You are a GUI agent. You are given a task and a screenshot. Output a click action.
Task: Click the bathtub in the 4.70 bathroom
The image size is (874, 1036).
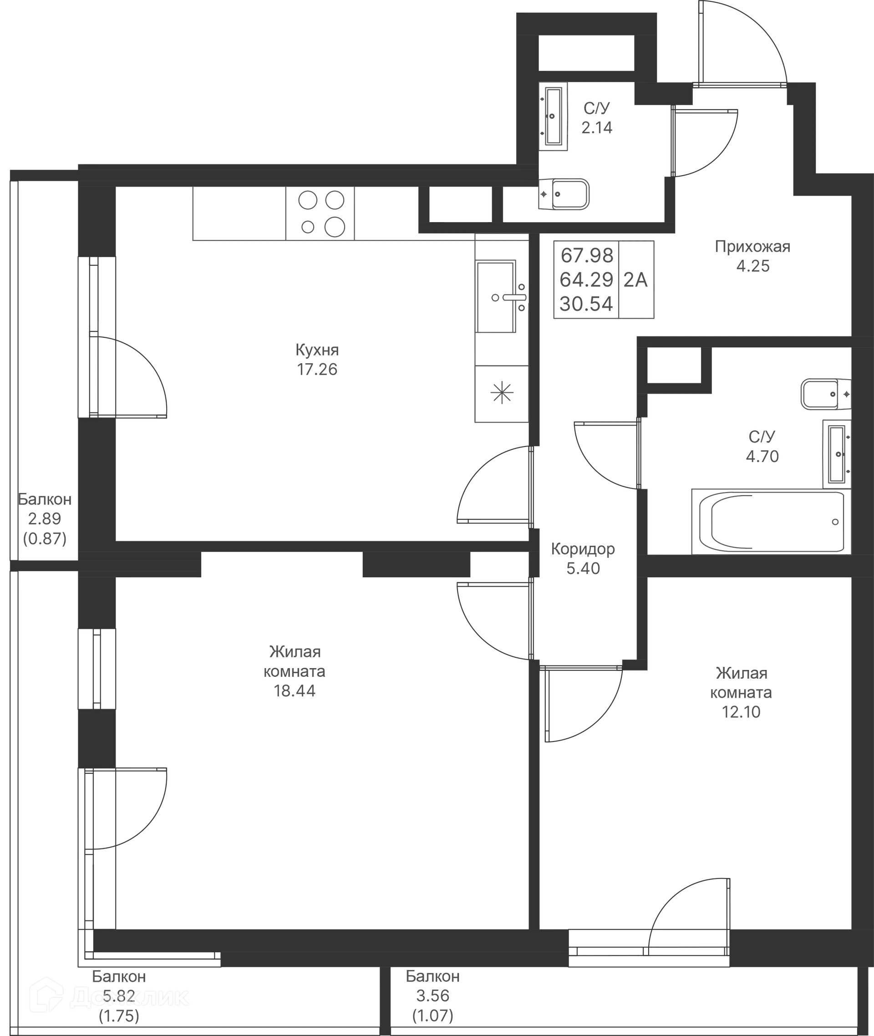(x=772, y=522)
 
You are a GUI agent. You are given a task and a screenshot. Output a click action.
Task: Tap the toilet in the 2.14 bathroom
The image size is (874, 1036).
(x=564, y=194)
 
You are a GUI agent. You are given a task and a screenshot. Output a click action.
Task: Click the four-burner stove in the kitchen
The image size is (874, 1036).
(x=320, y=213)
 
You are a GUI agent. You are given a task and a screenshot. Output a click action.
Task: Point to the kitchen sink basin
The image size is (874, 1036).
(x=495, y=297)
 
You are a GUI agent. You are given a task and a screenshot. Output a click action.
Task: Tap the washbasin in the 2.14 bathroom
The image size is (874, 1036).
(x=553, y=117)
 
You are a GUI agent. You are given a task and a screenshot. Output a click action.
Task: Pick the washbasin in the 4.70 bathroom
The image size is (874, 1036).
(x=837, y=454)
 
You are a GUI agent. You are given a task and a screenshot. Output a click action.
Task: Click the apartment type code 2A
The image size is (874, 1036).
(x=635, y=280)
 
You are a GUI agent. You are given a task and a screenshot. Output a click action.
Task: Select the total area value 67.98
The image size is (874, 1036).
(x=587, y=256)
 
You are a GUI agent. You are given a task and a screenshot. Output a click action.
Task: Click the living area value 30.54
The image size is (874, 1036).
(x=587, y=304)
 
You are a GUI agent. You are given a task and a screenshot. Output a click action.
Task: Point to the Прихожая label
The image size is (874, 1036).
(x=752, y=246)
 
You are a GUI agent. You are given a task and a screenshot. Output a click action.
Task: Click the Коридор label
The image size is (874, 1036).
(x=583, y=549)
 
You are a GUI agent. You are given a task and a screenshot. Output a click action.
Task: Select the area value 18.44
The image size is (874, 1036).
(x=295, y=691)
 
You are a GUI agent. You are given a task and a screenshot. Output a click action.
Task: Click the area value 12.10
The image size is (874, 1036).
(x=741, y=712)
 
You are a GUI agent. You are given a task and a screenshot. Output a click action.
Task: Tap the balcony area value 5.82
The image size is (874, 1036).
(x=119, y=996)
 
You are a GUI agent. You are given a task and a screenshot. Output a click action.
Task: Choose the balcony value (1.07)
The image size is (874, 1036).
(x=432, y=1016)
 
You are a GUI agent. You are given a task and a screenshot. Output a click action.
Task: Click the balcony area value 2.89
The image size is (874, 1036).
(x=45, y=519)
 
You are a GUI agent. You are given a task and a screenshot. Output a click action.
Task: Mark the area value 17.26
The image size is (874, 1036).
(x=317, y=370)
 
